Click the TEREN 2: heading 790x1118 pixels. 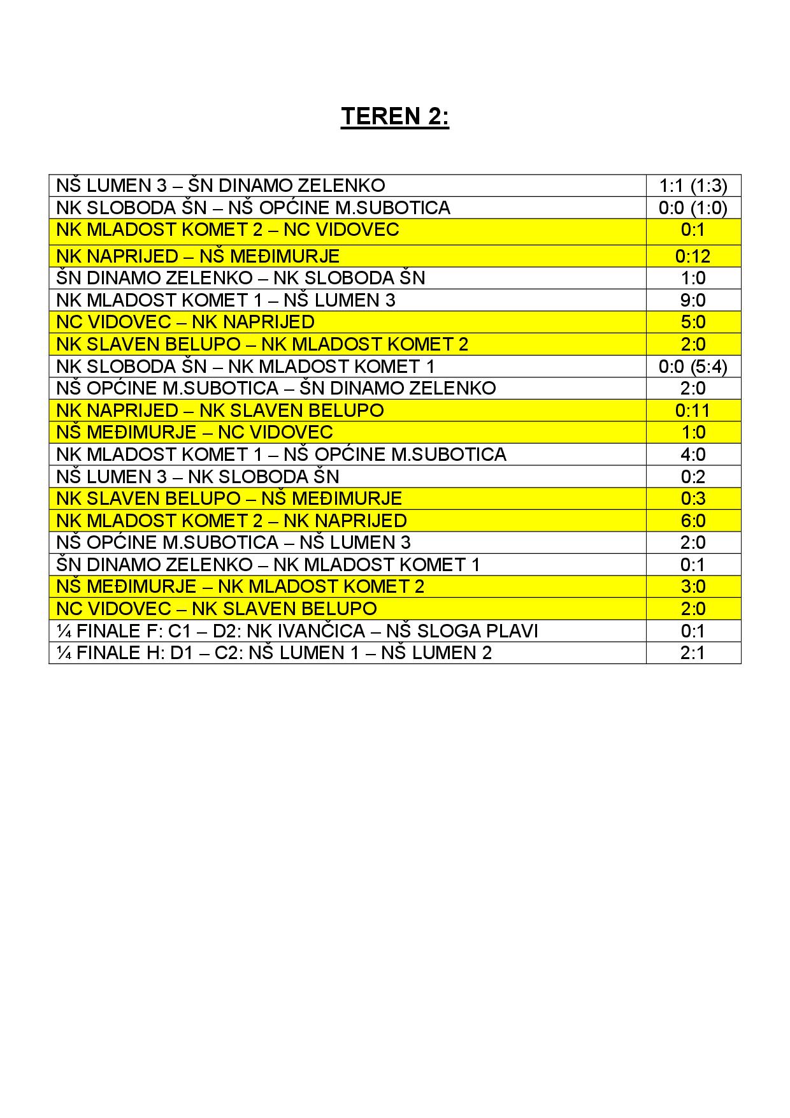[x=394, y=117]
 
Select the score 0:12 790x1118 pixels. [x=693, y=256]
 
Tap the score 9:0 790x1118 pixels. [x=693, y=300]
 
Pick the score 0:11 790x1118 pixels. [x=693, y=410]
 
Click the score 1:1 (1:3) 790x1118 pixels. [x=693, y=186]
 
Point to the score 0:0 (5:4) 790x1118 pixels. [x=693, y=367]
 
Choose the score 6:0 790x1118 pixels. [x=693, y=521]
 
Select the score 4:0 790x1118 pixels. [x=693, y=454]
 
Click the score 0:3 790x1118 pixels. [x=693, y=498]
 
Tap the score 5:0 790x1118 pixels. [x=693, y=322]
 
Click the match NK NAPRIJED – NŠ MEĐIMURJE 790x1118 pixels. [x=198, y=256]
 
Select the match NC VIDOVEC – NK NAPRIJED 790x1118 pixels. [x=185, y=322]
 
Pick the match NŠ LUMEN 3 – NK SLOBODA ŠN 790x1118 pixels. [x=198, y=477]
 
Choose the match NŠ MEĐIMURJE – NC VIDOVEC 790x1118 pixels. [x=194, y=432]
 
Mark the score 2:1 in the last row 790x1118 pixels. [x=693, y=653]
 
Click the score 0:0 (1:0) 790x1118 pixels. [x=693, y=208]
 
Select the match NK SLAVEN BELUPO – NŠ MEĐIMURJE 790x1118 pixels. [x=229, y=498]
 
